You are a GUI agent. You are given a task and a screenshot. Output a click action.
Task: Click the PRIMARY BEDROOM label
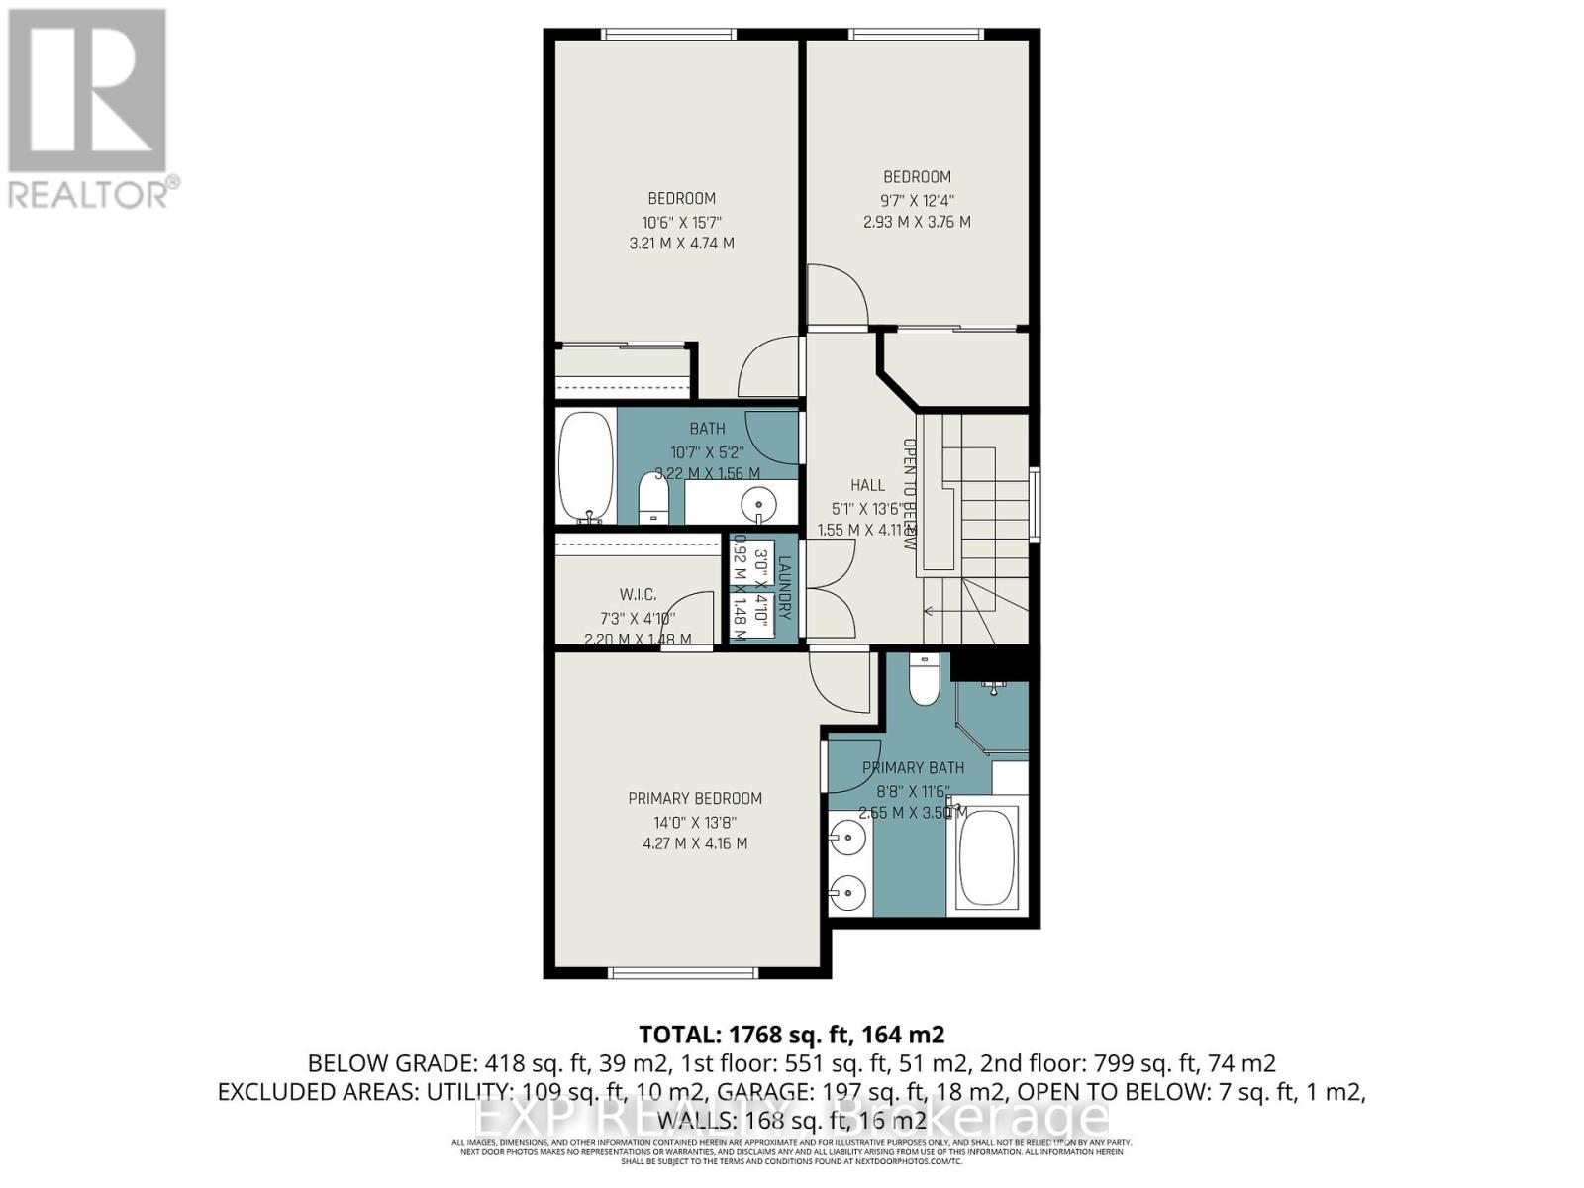click(x=695, y=798)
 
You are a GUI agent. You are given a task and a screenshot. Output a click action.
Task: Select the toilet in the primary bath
click(x=923, y=681)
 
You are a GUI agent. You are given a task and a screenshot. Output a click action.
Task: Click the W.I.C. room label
click(x=638, y=594)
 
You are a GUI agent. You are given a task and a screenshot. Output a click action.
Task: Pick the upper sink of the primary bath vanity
click(x=847, y=840)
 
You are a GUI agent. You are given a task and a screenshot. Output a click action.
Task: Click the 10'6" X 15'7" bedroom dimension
click(x=681, y=221)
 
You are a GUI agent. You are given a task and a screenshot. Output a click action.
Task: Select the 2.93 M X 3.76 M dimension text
click(x=917, y=222)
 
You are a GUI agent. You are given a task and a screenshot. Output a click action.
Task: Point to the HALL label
click(x=867, y=485)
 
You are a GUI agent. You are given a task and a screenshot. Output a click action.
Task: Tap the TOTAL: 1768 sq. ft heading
click(x=791, y=1035)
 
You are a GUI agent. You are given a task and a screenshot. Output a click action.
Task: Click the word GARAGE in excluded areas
click(x=740, y=1092)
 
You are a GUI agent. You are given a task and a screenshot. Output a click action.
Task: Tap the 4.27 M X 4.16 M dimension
click(x=695, y=843)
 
